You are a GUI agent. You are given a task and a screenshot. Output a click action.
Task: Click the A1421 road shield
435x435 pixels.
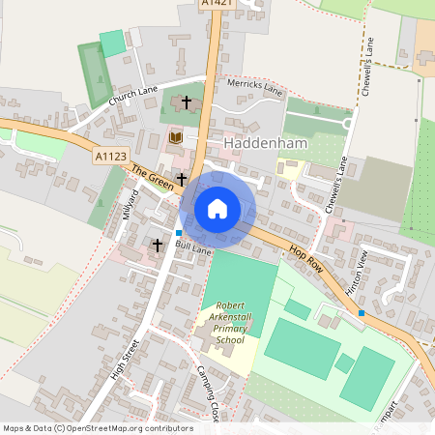click(x=217, y=5)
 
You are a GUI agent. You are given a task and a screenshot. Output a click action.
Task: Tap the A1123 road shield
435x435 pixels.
click(x=109, y=155)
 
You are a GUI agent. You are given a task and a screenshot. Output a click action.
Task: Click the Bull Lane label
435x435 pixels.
click(x=192, y=249)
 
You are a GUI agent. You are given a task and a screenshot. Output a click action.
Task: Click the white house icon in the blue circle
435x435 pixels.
click(x=217, y=208)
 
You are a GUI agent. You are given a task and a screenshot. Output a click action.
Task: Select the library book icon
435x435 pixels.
click(x=175, y=139)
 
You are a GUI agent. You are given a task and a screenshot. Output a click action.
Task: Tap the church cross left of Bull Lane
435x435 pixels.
click(x=158, y=246)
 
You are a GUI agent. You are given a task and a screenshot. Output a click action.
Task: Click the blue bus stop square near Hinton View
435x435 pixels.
click(x=362, y=313)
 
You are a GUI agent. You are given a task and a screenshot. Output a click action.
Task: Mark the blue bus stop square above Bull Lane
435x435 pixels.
click(x=179, y=233)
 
